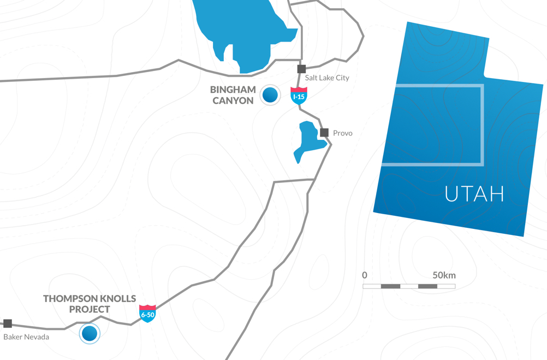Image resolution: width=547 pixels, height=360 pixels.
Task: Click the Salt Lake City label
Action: pyautogui.click(x=327, y=78)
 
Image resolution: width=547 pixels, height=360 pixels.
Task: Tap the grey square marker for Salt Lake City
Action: pyautogui.click(x=301, y=69)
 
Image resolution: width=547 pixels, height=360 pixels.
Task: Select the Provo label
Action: pyautogui.click(x=342, y=133)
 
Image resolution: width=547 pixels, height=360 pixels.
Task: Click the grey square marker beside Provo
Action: pyautogui.click(x=324, y=133)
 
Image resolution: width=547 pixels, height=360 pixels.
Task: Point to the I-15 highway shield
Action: pyautogui.click(x=299, y=96)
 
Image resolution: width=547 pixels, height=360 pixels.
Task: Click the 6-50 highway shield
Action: pyautogui.click(x=147, y=314)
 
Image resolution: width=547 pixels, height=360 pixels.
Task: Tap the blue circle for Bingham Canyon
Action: pyautogui.click(x=270, y=95)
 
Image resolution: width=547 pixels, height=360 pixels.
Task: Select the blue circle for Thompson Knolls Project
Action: pyautogui.click(x=90, y=333)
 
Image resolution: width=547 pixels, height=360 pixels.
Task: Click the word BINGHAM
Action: pyautogui.click(x=233, y=90)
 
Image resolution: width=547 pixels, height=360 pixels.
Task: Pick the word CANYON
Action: pyautogui.click(x=233, y=101)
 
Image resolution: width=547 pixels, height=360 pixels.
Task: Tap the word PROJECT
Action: pyautogui.click(x=90, y=310)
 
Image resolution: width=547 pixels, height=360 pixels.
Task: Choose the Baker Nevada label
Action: pyautogui.click(x=26, y=337)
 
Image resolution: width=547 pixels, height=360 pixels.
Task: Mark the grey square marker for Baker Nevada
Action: pyautogui.click(x=8, y=323)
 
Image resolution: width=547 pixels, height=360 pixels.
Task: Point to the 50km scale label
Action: pyautogui.click(x=444, y=275)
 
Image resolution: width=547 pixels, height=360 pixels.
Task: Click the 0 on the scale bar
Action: pyautogui.click(x=365, y=275)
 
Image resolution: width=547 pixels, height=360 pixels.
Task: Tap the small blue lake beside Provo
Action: pyautogui.click(x=307, y=141)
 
